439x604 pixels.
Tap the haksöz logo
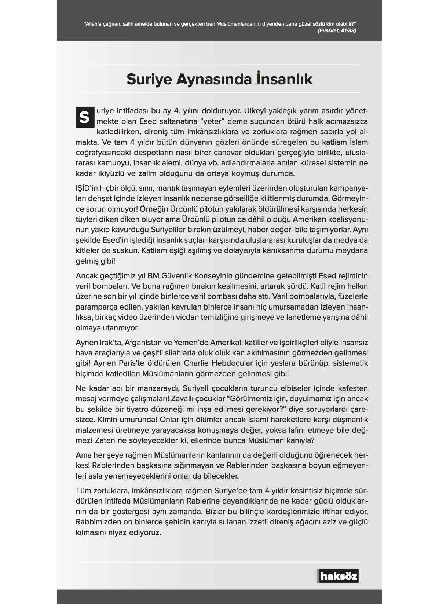pyautogui.click(x=338, y=576)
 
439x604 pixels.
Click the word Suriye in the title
pyautogui.click(x=149, y=79)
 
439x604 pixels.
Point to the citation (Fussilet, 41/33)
pyautogui.click(x=337, y=31)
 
